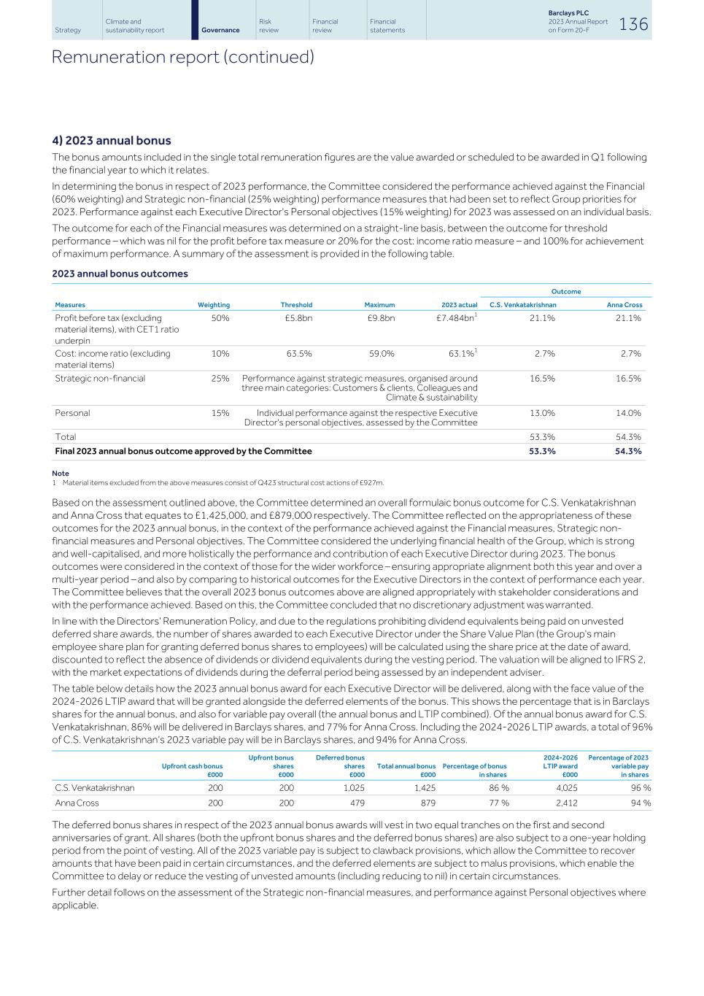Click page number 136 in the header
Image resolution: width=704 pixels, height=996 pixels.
(633, 24)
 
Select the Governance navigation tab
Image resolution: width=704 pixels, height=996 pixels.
(220, 30)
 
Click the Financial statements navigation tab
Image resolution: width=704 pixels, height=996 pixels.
(387, 26)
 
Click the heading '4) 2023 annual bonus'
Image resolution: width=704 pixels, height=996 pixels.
(112, 141)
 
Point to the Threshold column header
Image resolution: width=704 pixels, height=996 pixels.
(296, 305)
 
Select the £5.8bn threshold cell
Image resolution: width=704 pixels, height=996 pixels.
(298, 318)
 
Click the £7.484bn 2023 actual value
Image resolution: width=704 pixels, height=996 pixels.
(455, 318)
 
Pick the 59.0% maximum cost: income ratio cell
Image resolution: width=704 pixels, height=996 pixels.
(382, 354)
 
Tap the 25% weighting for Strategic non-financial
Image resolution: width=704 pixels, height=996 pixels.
(220, 379)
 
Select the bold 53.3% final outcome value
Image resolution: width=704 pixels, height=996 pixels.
(541, 452)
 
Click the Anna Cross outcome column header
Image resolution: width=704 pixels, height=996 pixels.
(624, 305)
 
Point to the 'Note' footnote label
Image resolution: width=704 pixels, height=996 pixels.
(61, 474)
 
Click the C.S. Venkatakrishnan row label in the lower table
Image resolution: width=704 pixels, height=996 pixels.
(95, 788)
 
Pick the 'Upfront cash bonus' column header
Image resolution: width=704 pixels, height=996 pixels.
(192, 766)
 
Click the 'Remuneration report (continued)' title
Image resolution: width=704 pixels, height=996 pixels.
(183, 57)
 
